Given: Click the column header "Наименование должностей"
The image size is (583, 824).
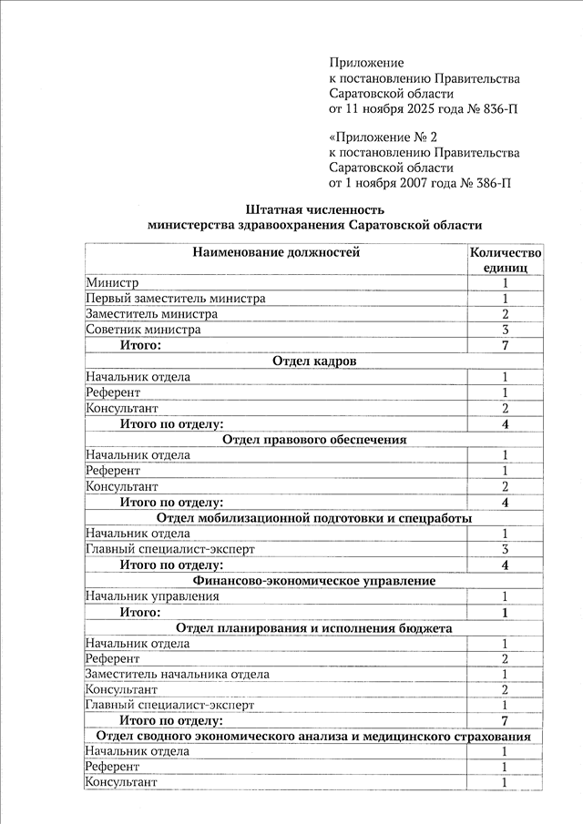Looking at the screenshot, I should pyautogui.click(x=275, y=252).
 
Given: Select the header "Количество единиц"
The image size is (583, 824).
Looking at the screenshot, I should pyautogui.click(x=505, y=260).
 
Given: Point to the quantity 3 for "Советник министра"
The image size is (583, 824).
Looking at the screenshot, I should pyautogui.click(x=505, y=330).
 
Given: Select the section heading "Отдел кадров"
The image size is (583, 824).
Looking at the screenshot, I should pyautogui.click(x=313, y=361).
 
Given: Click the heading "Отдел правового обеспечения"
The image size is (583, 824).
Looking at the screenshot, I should pyautogui.click(x=313, y=440).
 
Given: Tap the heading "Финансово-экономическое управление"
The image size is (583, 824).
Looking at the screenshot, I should pyautogui.click(x=313, y=580).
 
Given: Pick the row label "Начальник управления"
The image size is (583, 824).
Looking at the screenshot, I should pyautogui.click(x=152, y=596).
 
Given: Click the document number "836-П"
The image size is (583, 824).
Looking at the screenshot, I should pyautogui.click(x=496, y=110).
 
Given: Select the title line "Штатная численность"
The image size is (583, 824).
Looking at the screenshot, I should pyautogui.click(x=313, y=209).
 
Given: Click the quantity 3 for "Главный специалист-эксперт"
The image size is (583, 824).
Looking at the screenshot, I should pyautogui.click(x=505, y=549).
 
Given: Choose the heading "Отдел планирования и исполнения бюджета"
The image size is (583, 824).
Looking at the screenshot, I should pyautogui.click(x=313, y=628).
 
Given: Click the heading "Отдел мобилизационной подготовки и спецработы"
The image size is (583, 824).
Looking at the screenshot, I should pyautogui.click(x=313, y=518).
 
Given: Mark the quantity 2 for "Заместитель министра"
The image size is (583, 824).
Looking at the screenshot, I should pyautogui.click(x=505, y=314).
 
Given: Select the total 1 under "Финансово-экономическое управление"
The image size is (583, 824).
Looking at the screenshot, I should pyautogui.click(x=505, y=613).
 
